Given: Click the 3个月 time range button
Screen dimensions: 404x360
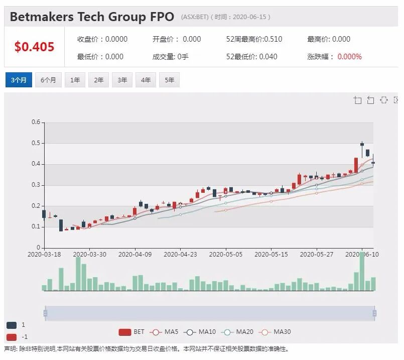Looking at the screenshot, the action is tap(19, 80).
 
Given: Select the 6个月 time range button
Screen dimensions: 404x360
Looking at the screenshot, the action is tap(48, 80).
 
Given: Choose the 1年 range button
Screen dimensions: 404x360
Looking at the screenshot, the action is tap(75, 80).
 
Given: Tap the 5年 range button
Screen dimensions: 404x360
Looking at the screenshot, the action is tap(169, 80).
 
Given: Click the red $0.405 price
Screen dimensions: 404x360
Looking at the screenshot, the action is tap(34, 47).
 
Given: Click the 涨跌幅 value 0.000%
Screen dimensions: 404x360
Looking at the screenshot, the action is tap(349, 57).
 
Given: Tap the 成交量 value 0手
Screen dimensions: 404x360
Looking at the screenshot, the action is tap(183, 57).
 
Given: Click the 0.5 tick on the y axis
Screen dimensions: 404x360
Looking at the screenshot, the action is tap(36, 143).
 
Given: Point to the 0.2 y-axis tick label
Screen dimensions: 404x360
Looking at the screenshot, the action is tap(36, 206).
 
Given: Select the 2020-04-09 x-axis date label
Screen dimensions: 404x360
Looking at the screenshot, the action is tap(135, 255).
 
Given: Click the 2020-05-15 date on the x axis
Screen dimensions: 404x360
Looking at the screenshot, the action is tap(271, 255).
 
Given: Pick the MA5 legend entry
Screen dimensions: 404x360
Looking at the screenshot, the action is tap(164, 332).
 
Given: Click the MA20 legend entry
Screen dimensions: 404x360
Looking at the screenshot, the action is tap(237, 332).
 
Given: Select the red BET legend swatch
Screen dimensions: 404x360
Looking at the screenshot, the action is tap(124, 332).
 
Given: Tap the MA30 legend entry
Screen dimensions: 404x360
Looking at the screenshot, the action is tap(275, 332).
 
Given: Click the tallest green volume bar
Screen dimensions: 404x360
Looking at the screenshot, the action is tap(362, 271).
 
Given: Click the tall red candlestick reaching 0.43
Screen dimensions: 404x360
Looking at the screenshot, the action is tap(356, 165).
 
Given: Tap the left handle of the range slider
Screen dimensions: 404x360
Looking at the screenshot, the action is tap(45, 313).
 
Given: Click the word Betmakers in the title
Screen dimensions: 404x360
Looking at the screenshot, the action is tap(42, 17).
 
